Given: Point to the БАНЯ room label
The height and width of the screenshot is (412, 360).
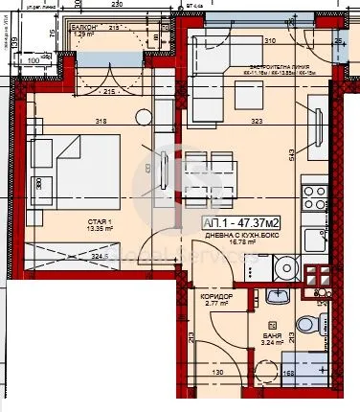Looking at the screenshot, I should coord(273,335).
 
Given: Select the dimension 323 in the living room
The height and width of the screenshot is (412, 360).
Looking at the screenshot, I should coord(257,122).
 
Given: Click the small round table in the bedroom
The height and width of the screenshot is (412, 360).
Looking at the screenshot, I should coord(143,118).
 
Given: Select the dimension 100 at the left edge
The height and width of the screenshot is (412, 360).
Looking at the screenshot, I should coord(34,59).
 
